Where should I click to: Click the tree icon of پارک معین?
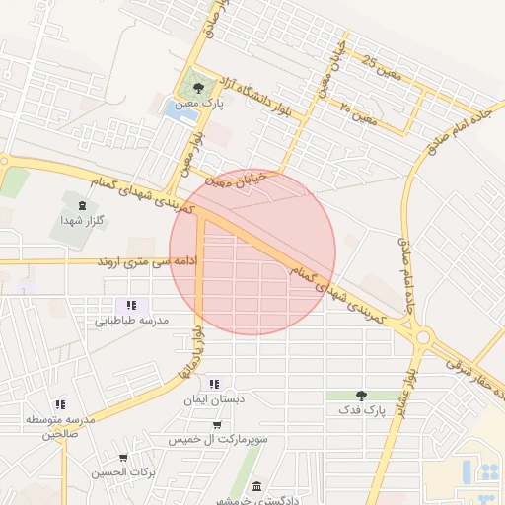tap(198, 88)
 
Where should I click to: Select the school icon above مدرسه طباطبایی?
tap(132, 306)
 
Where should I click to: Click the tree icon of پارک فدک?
tap(360, 395)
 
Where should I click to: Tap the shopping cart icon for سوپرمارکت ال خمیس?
tap(217, 425)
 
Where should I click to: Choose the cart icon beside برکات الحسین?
tap(123, 458)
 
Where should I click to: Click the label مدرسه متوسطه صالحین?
tap(60, 427)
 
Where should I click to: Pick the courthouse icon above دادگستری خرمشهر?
tap(257, 486)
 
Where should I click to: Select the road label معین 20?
tap(360, 112)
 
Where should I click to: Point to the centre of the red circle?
tap(252, 252)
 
